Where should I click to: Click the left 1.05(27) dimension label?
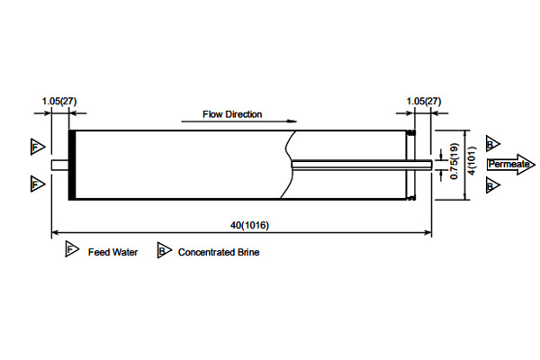click(x=59, y=101)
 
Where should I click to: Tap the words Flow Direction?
click(x=232, y=114)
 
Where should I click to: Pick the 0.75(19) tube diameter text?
click(x=454, y=164)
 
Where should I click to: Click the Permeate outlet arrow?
click(x=509, y=165)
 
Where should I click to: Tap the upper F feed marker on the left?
click(x=36, y=146)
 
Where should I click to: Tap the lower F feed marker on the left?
click(x=36, y=184)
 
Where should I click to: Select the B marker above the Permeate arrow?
click(x=491, y=145)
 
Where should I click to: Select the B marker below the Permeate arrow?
click(x=491, y=185)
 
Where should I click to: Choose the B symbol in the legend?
click(x=164, y=251)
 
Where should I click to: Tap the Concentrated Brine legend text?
click(x=219, y=252)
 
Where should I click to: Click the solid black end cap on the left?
click(x=71, y=165)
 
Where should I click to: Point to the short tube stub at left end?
click(x=60, y=165)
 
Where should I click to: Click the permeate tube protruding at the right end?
click(x=428, y=164)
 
